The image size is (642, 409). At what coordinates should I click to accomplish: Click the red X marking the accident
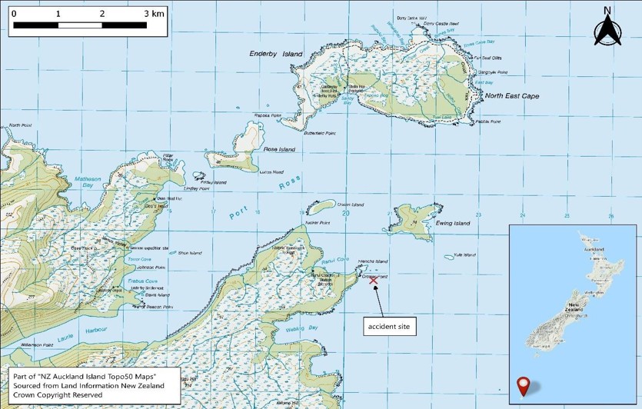(x=374, y=281)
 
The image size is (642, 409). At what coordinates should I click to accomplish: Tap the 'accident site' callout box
(x=390, y=327)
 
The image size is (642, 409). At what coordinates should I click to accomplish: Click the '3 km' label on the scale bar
(x=153, y=14)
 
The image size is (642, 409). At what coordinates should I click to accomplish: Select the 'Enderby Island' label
(x=276, y=55)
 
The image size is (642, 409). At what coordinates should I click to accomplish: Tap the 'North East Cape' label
(x=511, y=96)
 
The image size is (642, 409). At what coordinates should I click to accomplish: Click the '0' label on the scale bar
(x=14, y=14)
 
